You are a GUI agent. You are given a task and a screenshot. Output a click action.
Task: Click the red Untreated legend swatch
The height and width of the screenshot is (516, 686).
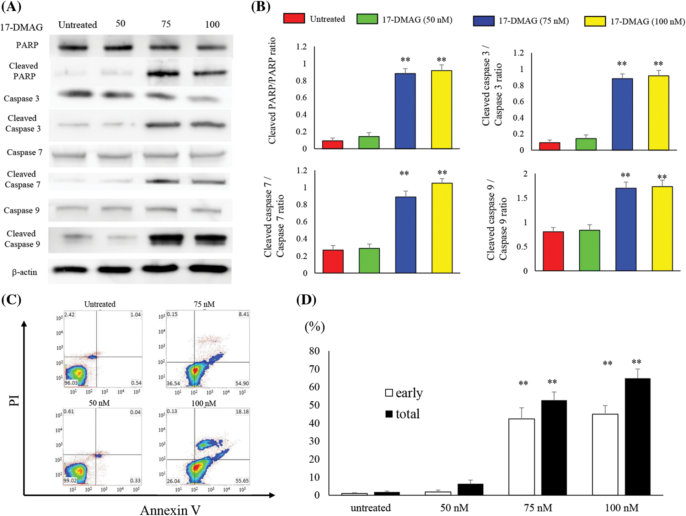pyautogui.click(x=294, y=18)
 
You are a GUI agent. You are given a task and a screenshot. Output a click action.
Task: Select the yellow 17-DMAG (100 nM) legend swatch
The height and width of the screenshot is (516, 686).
pyautogui.click(x=595, y=21)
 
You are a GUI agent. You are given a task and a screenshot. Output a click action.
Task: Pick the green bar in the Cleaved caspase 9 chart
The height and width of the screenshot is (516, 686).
pyautogui.click(x=589, y=250)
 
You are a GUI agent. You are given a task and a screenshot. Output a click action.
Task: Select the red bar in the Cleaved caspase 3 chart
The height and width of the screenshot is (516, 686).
pyautogui.click(x=550, y=146)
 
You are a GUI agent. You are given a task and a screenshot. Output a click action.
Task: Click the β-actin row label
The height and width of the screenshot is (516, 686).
pyautogui.click(x=25, y=272)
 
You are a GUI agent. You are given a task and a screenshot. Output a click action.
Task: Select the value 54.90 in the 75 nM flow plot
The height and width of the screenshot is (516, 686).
pyautogui.click(x=242, y=384)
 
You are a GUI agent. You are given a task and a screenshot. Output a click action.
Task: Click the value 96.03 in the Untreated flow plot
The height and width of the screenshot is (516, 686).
pyautogui.click(x=71, y=383)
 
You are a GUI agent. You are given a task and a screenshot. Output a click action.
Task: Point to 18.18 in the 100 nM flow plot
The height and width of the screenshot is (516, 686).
pyautogui.click(x=242, y=412)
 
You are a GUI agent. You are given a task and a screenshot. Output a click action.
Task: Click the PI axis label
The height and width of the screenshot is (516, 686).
pyautogui.click(x=14, y=400)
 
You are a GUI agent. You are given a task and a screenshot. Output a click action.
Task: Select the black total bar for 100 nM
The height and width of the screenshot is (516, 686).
pyautogui.click(x=637, y=437)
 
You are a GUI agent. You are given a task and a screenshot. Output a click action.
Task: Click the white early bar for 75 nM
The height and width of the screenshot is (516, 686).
pyautogui.click(x=521, y=457)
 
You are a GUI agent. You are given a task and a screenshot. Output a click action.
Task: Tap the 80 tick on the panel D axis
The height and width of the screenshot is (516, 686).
pyautogui.click(x=314, y=351)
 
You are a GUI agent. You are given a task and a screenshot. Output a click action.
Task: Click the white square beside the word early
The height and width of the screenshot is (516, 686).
pyautogui.click(x=389, y=393)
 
